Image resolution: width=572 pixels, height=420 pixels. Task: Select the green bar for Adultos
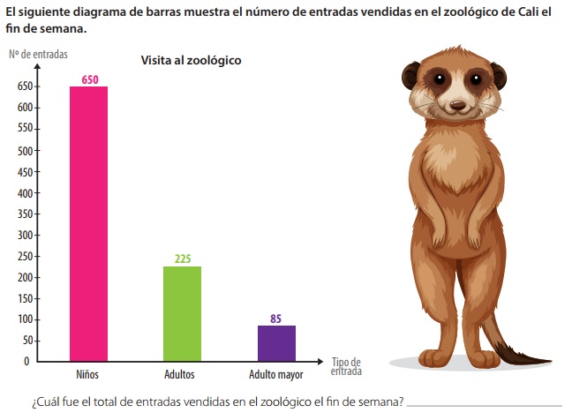(183, 313)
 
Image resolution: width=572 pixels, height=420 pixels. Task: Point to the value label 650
(90, 79)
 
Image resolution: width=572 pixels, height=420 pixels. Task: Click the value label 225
(183, 259)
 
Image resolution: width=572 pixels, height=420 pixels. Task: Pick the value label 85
(276, 319)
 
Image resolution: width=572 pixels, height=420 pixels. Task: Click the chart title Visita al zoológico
(192, 61)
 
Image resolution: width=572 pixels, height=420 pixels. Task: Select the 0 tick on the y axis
(26, 361)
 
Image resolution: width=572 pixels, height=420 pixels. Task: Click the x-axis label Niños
(87, 375)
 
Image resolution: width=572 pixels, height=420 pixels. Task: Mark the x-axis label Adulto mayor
(275, 375)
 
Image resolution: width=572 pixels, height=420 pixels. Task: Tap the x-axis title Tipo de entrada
(346, 366)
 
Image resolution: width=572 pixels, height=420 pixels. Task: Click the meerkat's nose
(457, 105)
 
